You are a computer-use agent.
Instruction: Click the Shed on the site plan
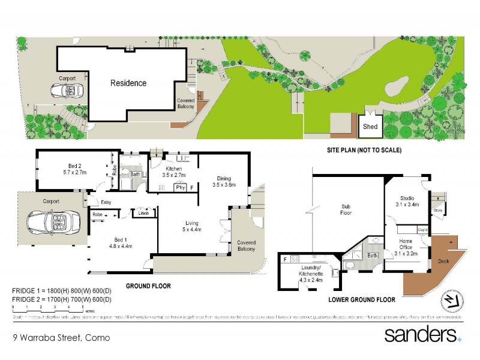tap(370, 127)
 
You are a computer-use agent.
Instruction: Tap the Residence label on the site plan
tap(128, 83)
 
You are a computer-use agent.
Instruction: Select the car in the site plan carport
tap(66, 91)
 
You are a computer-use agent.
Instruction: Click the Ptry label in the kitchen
tap(179, 187)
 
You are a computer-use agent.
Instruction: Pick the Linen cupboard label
tap(143, 213)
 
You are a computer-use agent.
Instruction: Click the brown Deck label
tap(443, 262)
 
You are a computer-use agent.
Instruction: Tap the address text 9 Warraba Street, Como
tap(62, 338)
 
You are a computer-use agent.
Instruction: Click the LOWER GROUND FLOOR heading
tap(362, 299)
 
